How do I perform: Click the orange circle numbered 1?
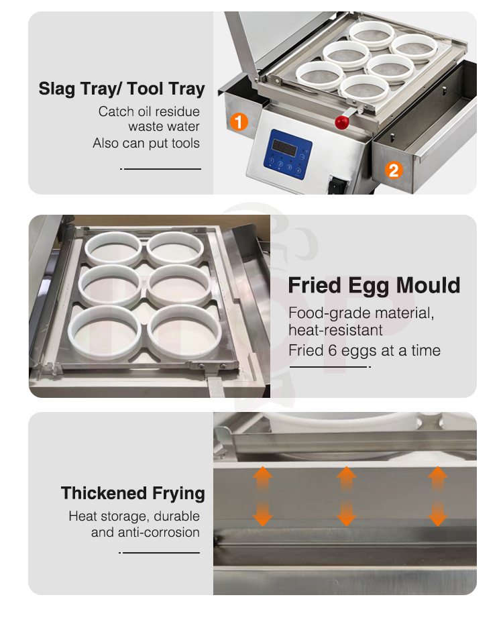pos(239,121)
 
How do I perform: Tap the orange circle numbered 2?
pos(394,170)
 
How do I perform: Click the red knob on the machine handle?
pos(341,122)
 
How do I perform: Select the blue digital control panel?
pos(288,154)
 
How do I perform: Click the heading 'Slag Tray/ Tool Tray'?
pos(121,89)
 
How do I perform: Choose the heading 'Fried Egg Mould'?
pos(374,286)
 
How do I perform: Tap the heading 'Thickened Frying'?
pos(133,494)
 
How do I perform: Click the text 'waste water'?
pos(164,127)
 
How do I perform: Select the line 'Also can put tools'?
pos(146,144)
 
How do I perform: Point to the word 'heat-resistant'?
pos(335,330)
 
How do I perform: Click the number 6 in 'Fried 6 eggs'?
pos(333,351)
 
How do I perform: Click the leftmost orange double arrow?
pos(262,497)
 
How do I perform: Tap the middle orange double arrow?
pos(346,497)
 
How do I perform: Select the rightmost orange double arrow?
pos(438,497)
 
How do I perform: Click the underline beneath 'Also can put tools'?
pos(161,168)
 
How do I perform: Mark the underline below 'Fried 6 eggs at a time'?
pos(330,366)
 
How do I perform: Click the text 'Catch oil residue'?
pos(149,111)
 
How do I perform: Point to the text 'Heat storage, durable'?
pos(134,516)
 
